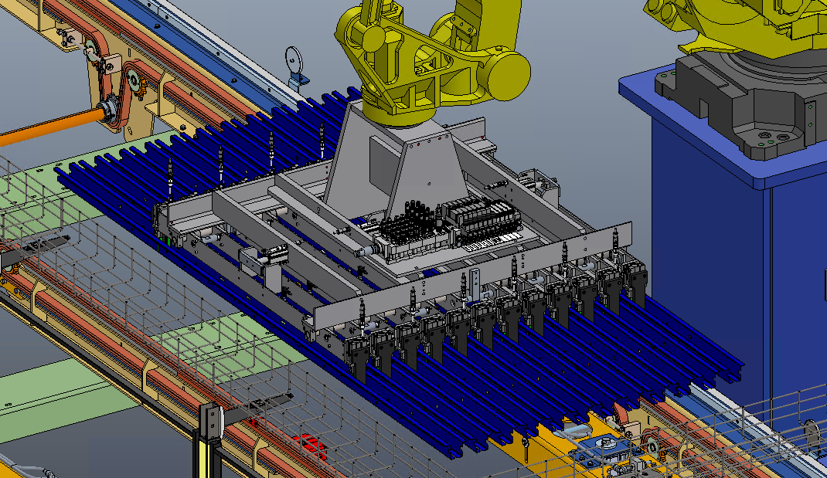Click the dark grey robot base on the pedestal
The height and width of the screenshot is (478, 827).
742,108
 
